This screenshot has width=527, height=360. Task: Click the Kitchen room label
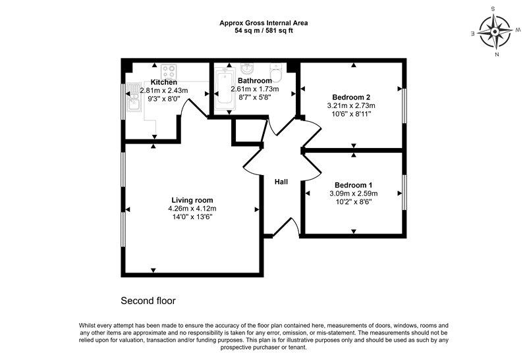click(163, 82)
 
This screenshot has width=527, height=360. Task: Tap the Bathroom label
click(255, 80)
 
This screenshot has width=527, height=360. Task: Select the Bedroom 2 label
click(351, 97)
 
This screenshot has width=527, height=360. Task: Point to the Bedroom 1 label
click(354, 185)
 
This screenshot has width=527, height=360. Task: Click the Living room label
click(192, 201)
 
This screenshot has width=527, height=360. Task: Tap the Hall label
click(281, 182)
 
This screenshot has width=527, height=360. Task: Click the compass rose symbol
click(495, 32)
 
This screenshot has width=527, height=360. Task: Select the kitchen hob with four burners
click(169, 72)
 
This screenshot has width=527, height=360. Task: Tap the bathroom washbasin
click(248, 68)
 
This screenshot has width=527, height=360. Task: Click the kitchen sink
click(133, 97)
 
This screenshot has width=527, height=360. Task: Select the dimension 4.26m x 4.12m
click(192, 209)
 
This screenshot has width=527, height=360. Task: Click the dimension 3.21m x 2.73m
click(351, 105)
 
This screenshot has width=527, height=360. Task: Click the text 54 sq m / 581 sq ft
click(263, 30)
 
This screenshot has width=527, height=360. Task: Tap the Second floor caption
click(148, 301)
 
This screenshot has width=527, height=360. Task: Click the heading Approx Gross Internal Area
click(263, 23)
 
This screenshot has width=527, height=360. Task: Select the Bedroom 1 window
click(404, 193)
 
